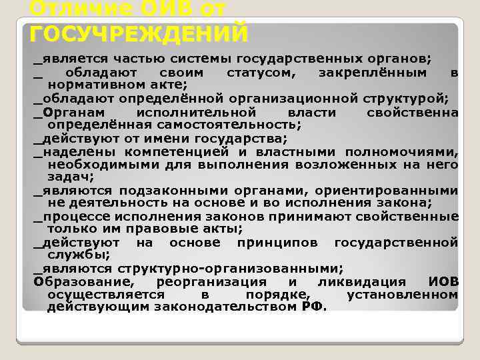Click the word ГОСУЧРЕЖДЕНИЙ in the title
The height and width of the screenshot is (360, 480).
point(139,33)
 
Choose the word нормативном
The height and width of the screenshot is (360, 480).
point(101,85)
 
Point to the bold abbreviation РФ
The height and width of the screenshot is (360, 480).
point(311,307)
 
